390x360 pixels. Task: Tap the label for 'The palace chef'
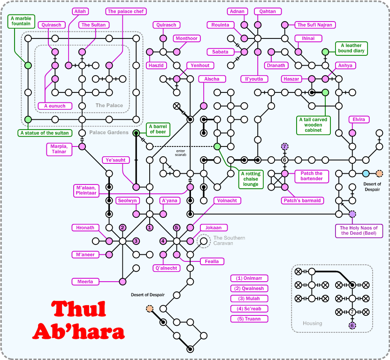point(127,11)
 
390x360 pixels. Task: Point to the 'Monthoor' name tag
point(186,38)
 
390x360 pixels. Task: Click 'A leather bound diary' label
point(353,48)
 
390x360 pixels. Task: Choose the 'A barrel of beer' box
point(159,129)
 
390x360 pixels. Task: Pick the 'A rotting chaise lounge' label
point(251,179)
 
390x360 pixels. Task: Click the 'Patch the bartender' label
point(312,176)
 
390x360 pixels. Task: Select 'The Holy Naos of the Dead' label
point(359,230)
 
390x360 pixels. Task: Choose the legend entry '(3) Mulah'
point(249,299)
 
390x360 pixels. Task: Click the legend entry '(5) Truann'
point(249,319)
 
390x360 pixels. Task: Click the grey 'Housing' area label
point(312,323)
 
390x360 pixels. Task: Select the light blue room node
point(366,174)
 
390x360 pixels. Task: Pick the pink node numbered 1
point(150,228)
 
